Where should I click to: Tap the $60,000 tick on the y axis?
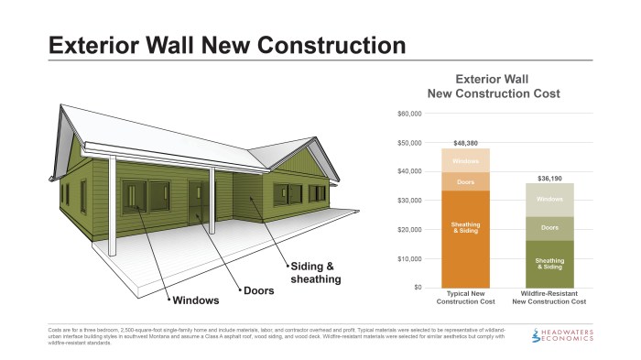point(408,114)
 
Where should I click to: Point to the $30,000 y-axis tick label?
point(408,201)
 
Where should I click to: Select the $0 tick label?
point(417,288)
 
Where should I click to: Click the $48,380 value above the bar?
point(466,142)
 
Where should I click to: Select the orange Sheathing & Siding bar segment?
point(466,239)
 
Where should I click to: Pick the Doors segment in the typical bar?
point(466,182)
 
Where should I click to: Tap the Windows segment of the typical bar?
point(466,161)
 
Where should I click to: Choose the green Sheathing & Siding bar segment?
point(549,265)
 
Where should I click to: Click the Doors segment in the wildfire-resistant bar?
point(549,228)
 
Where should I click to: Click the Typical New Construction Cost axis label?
point(466,298)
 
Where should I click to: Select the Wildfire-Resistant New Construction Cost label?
point(549,298)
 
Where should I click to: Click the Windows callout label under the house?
point(193,300)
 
